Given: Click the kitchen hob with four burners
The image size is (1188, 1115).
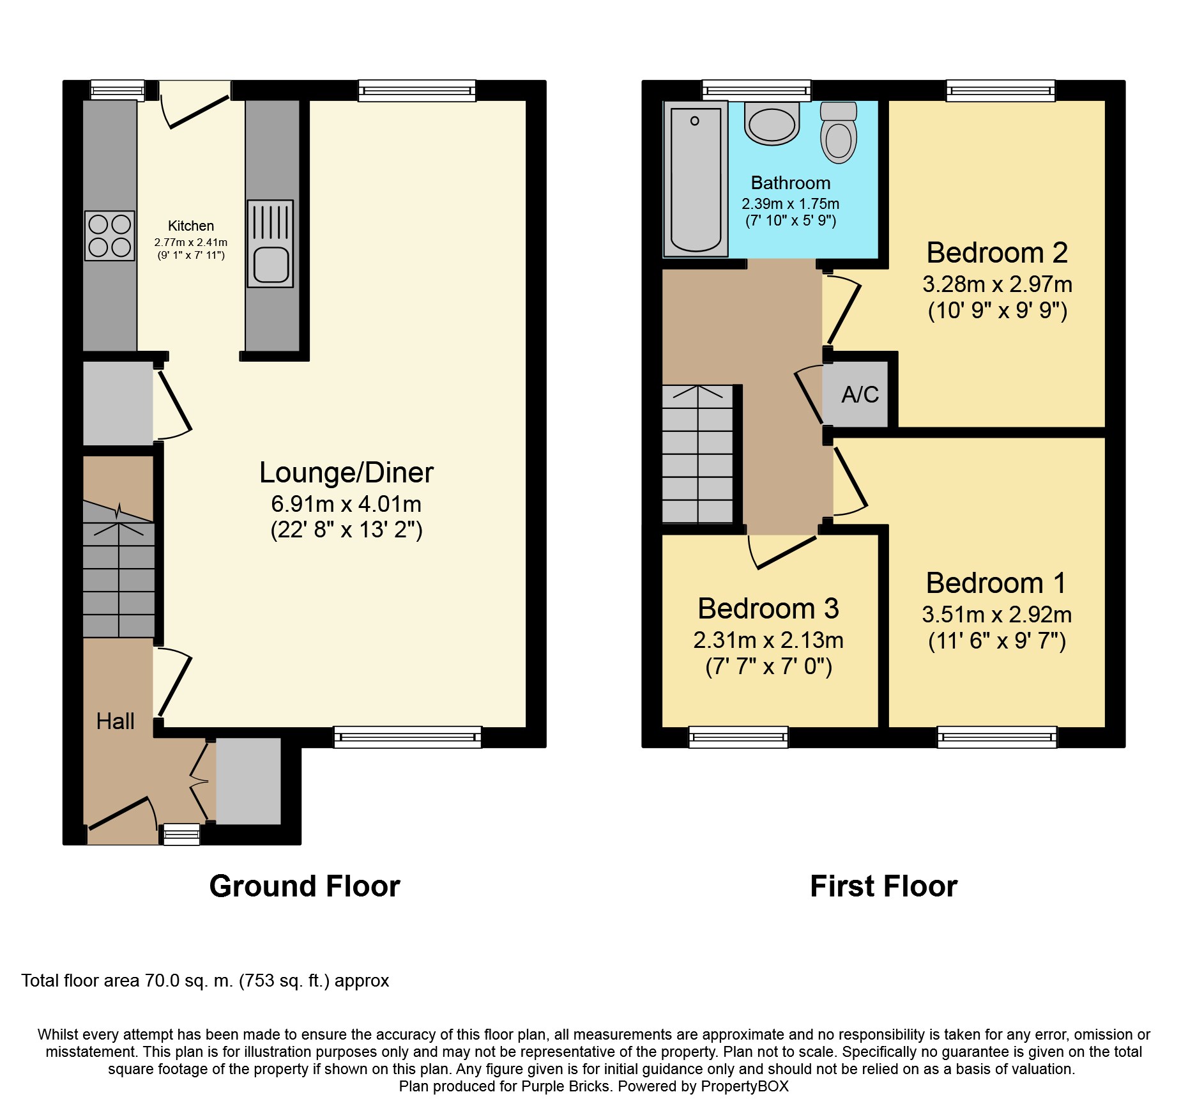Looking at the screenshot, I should tap(110, 235).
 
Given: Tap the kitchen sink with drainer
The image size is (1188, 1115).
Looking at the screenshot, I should tap(270, 243).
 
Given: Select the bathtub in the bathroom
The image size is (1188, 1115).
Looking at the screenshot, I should tap(696, 179).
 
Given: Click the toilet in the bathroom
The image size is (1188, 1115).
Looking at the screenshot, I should tap(838, 133).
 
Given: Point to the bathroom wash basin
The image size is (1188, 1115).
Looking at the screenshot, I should tap(772, 124).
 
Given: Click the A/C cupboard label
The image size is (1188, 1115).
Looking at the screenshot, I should tap(860, 395).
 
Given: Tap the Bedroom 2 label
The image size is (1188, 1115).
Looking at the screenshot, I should tap(996, 253).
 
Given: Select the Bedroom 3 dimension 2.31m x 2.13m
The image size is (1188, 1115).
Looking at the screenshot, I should tap(768, 640).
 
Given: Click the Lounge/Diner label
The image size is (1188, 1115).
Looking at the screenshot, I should tap(346, 473).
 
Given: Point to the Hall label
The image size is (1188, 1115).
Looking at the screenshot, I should tap(115, 721).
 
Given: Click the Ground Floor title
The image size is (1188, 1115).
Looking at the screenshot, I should tap(305, 886).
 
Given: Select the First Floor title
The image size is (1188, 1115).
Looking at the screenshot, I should tap(883, 886).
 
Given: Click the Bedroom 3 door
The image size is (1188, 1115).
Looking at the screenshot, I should tap(784, 553).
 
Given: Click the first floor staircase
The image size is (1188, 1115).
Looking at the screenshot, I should tap(697, 454).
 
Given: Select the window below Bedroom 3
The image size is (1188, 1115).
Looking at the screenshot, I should tap(738, 737).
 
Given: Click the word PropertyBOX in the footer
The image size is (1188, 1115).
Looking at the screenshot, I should tap(744, 1086).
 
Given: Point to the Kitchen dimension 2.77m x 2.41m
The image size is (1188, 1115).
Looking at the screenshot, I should tap(190, 243).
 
